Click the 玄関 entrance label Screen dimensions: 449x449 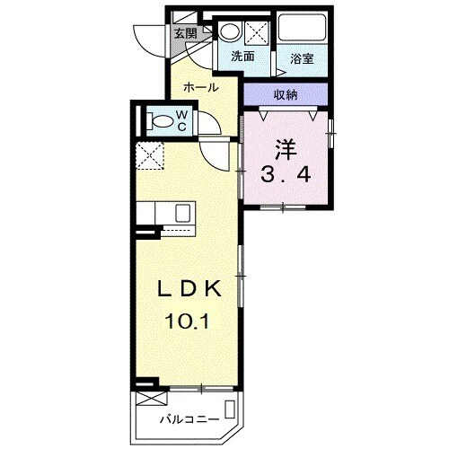[x=185, y=33]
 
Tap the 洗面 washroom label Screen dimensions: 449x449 [x=242, y=57]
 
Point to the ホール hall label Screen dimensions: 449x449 [x=200, y=87]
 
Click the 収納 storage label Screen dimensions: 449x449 [x=286, y=94]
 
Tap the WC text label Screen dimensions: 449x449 [x=180, y=119]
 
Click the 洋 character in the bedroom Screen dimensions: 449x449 [x=286, y=145]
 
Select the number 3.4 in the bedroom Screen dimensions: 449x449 [x=286, y=174]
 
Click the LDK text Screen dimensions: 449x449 [x=189, y=289]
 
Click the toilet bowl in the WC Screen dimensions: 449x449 [x=159, y=119]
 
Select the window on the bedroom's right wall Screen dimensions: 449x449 [x=331, y=133]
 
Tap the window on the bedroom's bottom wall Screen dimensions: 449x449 [x=283, y=208]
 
